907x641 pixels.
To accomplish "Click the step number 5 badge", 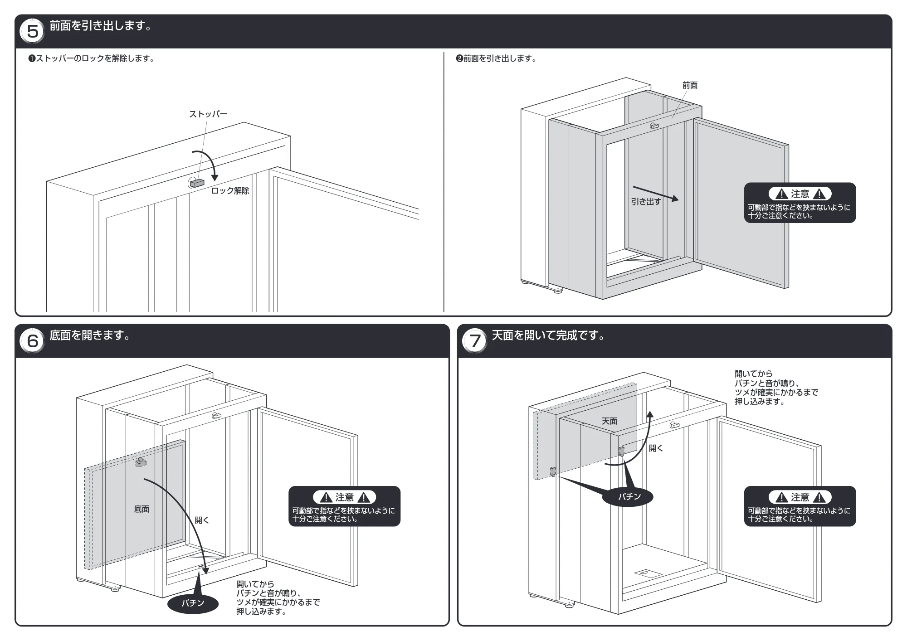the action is pos(33,31).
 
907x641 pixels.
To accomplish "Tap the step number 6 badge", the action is pos(33,340).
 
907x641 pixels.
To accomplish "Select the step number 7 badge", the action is pos(475,340).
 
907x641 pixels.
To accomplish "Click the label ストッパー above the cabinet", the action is pos(208,114).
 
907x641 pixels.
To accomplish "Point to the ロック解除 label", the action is pos(230,191).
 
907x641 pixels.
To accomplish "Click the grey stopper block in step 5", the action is pos(197,183).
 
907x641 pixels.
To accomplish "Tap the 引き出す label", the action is pos(646,202).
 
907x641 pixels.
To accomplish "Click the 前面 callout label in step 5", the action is pos(690,85).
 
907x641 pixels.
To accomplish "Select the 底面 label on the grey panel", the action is pos(141,509).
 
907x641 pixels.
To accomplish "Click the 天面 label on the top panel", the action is pos(610,421).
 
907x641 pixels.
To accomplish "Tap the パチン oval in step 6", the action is pos(193,603).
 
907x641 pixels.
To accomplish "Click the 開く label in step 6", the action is pos(202,520).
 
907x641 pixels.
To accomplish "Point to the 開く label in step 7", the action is pos(656,448).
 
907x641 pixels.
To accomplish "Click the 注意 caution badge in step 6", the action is pos(345,497).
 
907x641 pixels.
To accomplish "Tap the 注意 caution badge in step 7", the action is pos(800,497).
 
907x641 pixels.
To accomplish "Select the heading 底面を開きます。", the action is pos(90,335).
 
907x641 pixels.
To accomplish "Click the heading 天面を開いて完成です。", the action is pos(549,335).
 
